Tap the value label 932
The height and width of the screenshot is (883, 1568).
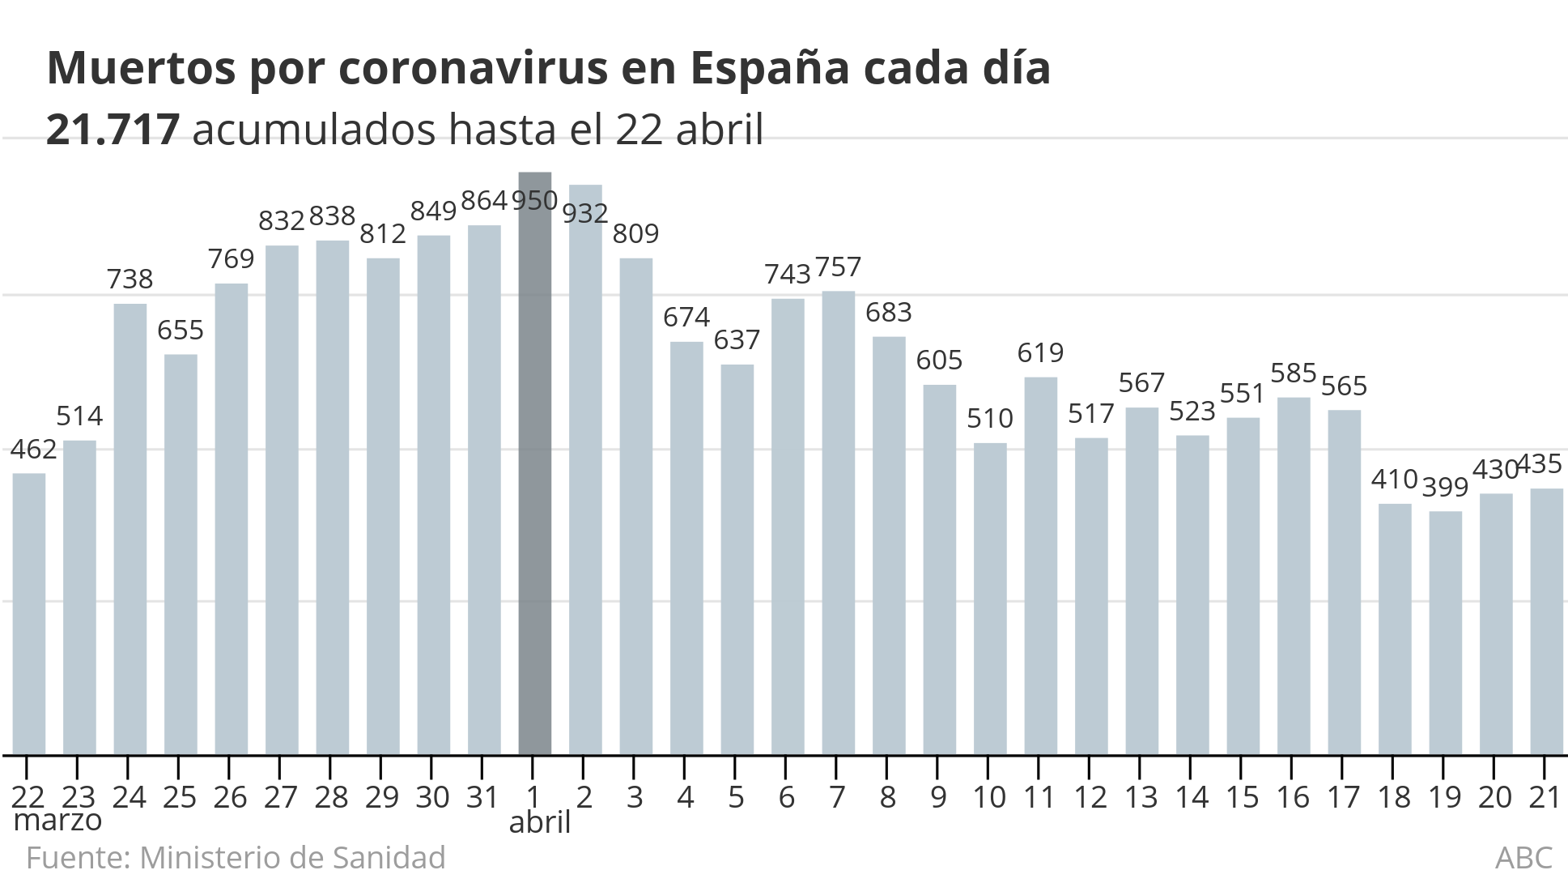click(585, 213)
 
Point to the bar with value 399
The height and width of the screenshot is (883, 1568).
click(1445, 633)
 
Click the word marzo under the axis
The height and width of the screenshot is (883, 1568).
click(58, 820)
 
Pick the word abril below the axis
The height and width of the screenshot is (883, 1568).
click(540, 822)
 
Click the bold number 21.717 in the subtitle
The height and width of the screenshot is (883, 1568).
click(113, 130)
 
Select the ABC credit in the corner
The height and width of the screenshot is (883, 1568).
click(1523, 857)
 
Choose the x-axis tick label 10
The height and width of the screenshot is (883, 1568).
click(989, 797)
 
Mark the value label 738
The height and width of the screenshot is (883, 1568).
click(130, 279)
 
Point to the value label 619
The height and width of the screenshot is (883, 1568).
click(1040, 352)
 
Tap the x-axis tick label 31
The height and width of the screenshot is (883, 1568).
click(483, 797)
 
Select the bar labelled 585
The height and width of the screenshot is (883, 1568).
click(1294, 576)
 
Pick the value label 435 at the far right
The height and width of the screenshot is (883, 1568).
click(1538, 463)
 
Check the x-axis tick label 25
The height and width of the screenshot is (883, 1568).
click(180, 797)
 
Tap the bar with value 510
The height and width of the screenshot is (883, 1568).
click(990, 599)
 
